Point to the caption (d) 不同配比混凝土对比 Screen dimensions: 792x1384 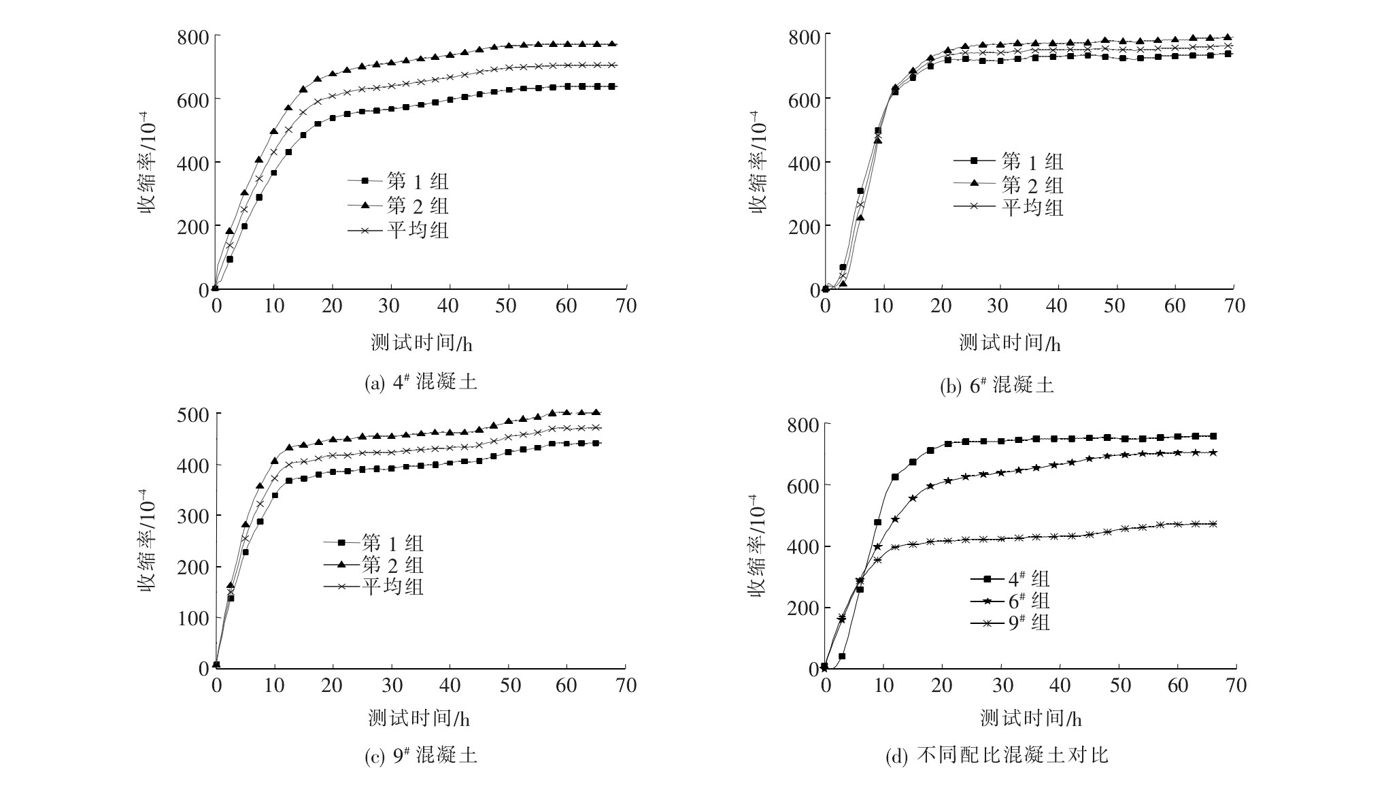(x=996, y=756)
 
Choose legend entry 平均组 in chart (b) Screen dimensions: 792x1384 (x=1032, y=207)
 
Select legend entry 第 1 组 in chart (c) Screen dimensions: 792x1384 (x=392, y=543)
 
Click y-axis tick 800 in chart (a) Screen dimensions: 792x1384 (x=193, y=36)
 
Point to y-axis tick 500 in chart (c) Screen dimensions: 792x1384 (x=193, y=414)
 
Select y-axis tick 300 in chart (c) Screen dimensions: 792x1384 (x=193, y=516)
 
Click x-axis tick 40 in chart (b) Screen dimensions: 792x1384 (x=1057, y=306)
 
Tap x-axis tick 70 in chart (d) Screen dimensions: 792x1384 (x=1235, y=684)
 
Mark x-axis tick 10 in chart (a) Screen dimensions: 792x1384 (x=274, y=306)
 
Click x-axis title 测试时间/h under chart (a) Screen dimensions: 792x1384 (x=421, y=343)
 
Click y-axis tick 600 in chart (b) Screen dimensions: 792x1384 (x=804, y=99)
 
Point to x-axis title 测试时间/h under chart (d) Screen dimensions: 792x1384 (x=1030, y=718)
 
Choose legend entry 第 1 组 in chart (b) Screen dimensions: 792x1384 (x=1032, y=162)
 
